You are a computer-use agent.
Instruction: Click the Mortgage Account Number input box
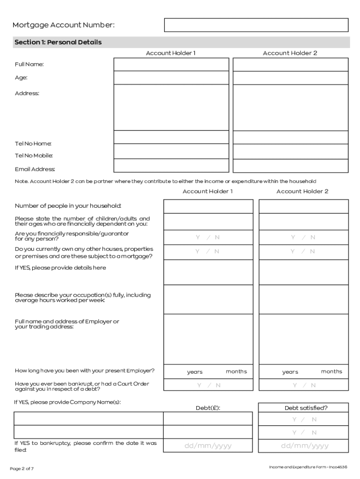pyautogui.click(x=256, y=25)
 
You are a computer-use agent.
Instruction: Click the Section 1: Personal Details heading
pyautogui.click(x=58, y=43)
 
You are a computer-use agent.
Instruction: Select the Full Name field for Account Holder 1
pyautogui.click(x=172, y=65)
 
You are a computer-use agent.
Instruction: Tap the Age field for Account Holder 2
pyautogui.click(x=290, y=78)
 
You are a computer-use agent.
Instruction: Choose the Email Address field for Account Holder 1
pyautogui.click(x=172, y=166)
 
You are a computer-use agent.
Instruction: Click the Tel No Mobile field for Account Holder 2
pyautogui.click(x=290, y=151)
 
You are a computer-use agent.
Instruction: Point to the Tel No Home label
pyautogui.click(x=33, y=144)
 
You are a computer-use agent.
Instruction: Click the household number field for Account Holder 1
pyautogui.click(x=208, y=206)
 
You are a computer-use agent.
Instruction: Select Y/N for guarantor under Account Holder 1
pyautogui.click(x=208, y=238)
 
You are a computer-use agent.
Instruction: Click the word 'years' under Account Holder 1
pyautogui.click(x=195, y=372)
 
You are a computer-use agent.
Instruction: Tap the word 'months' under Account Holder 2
pyautogui.click(x=331, y=371)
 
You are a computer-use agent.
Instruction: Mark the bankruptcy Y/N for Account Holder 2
pyautogui.click(x=304, y=385)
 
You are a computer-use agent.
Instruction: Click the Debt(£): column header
pyautogui.click(x=208, y=408)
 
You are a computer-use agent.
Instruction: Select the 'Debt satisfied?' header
pyautogui.click(x=306, y=408)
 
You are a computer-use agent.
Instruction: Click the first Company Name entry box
pyautogui.click(x=88, y=419)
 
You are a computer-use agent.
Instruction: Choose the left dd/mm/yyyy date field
pyautogui.click(x=208, y=446)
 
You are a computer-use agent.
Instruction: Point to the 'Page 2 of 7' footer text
pyautogui.click(x=22, y=468)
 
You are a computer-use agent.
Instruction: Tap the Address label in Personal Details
pyautogui.click(x=27, y=94)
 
